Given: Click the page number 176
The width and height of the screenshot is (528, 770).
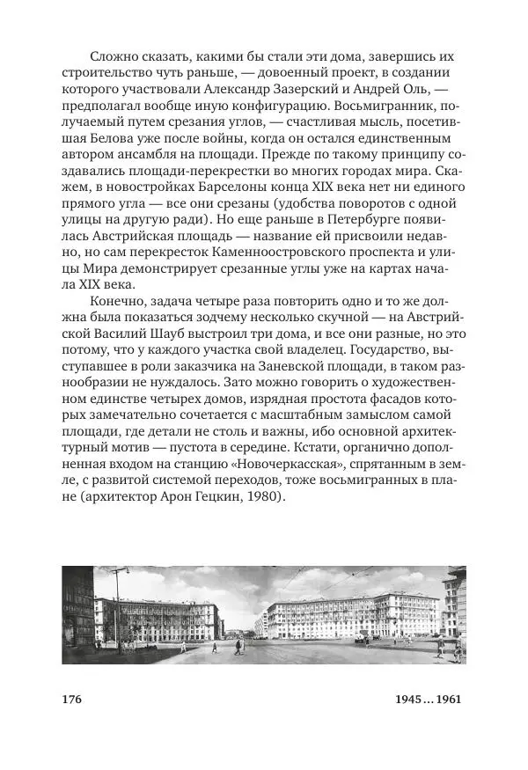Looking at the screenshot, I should click(x=72, y=700).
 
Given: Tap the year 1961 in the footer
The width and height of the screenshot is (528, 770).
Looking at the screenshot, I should click(x=444, y=700).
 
